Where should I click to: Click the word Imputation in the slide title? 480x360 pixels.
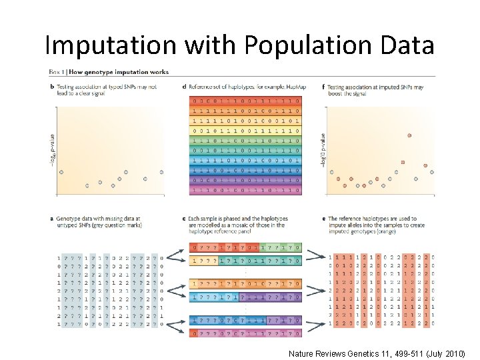(x=110, y=45)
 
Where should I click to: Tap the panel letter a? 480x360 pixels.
(x=51, y=219)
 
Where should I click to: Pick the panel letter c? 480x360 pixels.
(x=184, y=219)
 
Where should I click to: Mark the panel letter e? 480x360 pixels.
(x=323, y=219)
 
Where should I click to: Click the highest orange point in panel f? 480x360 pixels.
(x=409, y=136)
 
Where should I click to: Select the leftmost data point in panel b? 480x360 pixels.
(x=61, y=172)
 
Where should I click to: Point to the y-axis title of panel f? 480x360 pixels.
(x=323, y=152)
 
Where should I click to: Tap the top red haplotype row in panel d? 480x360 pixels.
(x=245, y=101)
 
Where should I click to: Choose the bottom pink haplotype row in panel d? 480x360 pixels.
(x=245, y=190)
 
